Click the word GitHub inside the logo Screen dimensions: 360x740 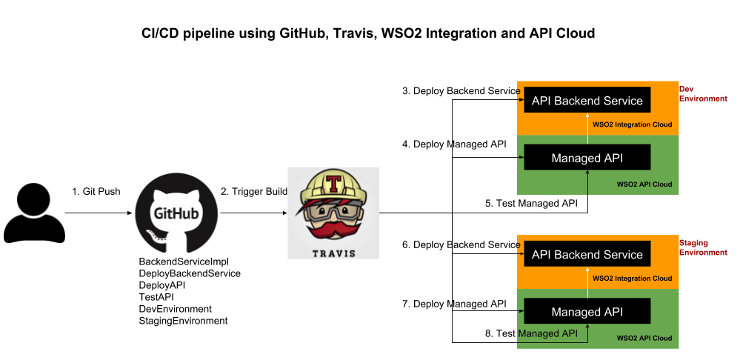[176, 213]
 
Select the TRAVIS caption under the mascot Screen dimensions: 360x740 [333, 253]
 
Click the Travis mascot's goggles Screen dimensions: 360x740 [333, 210]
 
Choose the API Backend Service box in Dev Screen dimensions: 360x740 [587, 100]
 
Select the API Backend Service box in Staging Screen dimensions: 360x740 [587, 254]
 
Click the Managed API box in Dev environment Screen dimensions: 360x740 [587, 158]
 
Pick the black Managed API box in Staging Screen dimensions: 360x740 [587, 312]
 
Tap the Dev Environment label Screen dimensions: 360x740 [702, 94]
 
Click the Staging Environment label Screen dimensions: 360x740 [702, 247]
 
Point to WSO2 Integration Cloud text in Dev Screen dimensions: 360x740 [632, 124]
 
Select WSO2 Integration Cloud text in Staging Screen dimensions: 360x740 [632, 279]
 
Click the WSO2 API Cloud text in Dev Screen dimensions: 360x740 [644, 184]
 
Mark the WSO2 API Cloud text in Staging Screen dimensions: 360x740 [644, 338]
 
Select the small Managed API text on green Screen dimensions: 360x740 [547, 333]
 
